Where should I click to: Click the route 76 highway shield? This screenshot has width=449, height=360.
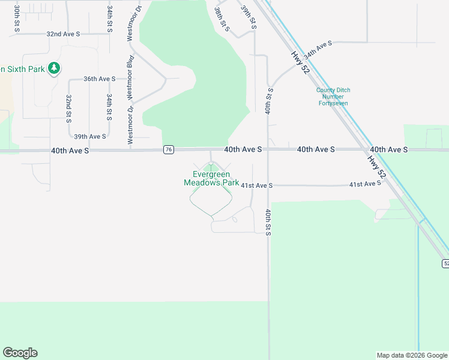(x=169, y=149)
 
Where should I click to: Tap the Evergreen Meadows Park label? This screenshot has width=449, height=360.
(x=211, y=179)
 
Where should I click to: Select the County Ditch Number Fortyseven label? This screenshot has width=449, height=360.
(x=333, y=97)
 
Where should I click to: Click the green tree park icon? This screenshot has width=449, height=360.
(x=55, y=68)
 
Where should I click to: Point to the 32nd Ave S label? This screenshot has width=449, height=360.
(x=64, y=34)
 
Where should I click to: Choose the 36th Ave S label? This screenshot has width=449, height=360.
(x=99, y=79)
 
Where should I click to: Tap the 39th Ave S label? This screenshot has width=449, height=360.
(x=89, y=136)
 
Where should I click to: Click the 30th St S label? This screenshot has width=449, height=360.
(x=17, y=19)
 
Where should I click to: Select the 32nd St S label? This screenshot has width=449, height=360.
(x=69, y=109)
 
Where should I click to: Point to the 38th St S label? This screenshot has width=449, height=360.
(x=222, y=18)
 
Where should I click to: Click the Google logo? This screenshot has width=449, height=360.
(x=20, y=353)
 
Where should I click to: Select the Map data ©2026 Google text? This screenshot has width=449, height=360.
(x=411, y=355)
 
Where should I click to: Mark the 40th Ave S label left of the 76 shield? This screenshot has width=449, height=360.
(x=70, y=151)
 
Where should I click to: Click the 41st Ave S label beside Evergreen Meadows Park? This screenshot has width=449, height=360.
(x=256, y=186)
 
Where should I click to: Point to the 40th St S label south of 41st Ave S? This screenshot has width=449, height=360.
(x=268, y=221)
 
